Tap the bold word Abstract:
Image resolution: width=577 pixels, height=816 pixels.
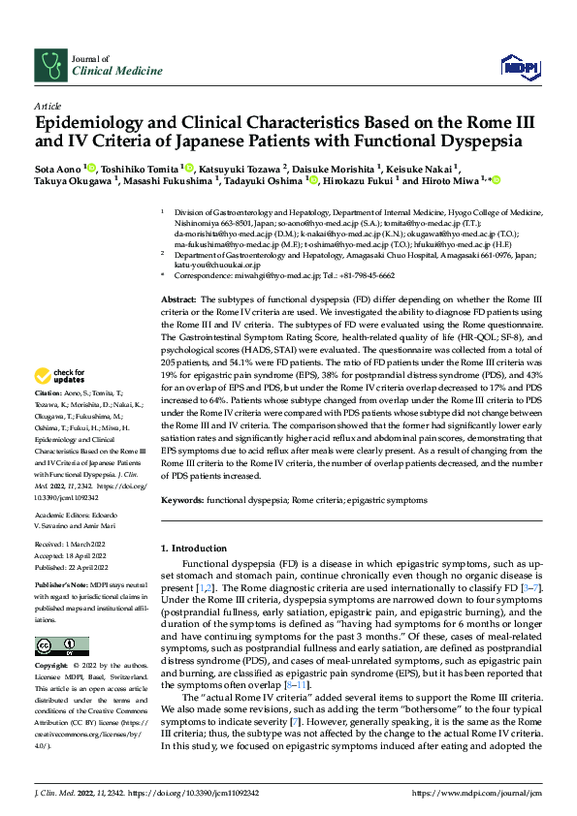[178, 275]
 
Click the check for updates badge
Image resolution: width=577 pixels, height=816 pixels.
[61, 376]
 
